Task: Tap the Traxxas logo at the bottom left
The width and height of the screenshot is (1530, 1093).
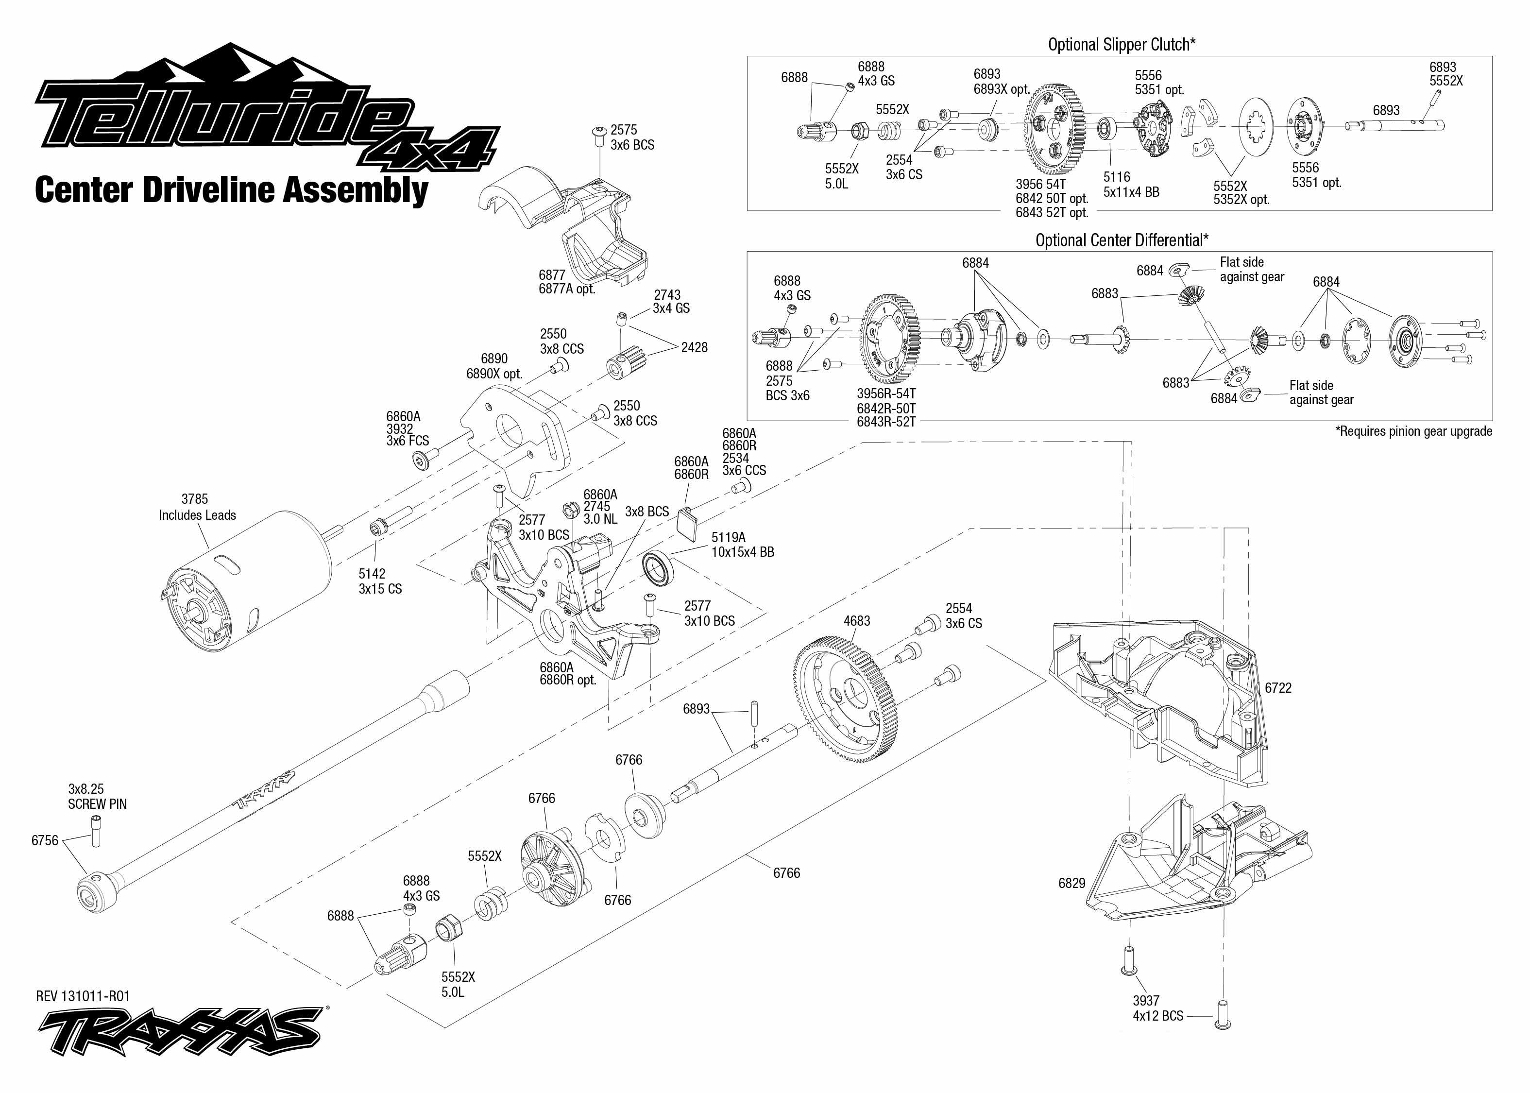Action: (x=178, y=1031)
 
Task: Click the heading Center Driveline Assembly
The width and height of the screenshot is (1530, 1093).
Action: (x=231, y=190)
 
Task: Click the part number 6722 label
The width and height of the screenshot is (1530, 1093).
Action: (x=1278, y=688)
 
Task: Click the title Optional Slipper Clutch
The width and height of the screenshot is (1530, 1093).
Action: (x=1121, y=44)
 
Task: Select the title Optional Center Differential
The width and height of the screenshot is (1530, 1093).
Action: (x=1122, y=240)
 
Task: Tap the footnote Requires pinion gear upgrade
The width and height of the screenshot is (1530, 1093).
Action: (x=1413, y=431)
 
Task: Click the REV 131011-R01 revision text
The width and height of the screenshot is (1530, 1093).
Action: (x=83, y=996)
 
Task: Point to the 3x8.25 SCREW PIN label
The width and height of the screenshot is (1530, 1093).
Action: (x=97, y=796)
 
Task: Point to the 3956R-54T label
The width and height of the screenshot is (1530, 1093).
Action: (x=886, y=393)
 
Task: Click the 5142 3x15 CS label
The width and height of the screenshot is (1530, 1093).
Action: (x=379, y=581)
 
